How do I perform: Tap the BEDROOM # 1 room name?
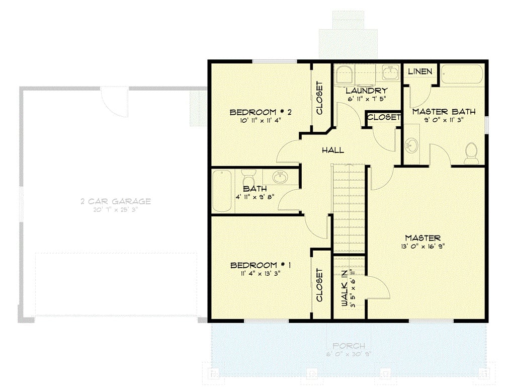260,265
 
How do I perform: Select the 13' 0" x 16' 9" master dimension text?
423,246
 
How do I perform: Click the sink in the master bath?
411,146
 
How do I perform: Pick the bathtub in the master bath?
462,75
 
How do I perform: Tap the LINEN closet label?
419,71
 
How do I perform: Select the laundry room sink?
389,72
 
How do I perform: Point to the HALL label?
333,150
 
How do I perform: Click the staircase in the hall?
349,209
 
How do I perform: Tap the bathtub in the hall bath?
222,191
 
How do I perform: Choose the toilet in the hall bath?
248,178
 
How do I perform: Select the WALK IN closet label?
345,287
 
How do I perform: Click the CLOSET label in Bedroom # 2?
319,98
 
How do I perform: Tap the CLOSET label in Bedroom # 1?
319,285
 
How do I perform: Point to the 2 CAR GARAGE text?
116,201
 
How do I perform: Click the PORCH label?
349,346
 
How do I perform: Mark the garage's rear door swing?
115,101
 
